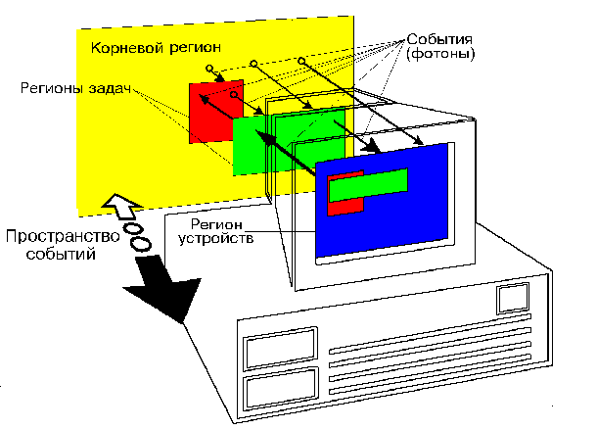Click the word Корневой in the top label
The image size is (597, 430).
click(x=123, y=47)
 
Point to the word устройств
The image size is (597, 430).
click(x=221, y=238)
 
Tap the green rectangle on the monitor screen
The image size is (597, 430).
click(x=372, y=183)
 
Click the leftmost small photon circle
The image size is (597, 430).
click(x=209, y=68)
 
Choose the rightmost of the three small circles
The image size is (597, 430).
click(x=301, y=63)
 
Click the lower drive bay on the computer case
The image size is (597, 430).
click(x=282, y=391)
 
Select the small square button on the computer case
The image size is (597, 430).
click(x=512, y=297)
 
